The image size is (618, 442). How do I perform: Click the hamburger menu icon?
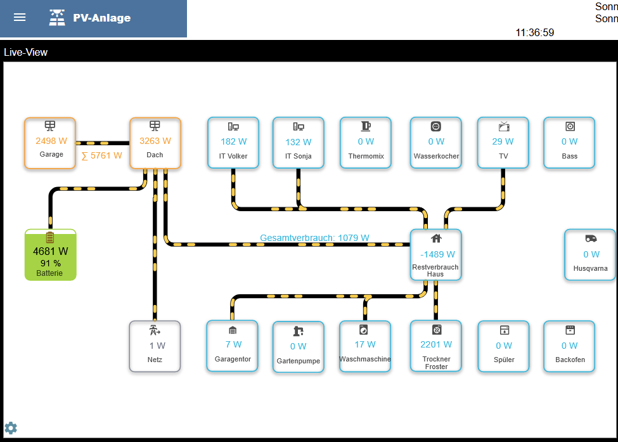pyautogui.click(x=20, y=17)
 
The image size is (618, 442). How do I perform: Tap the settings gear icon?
pyautogui.click(x=11, y=428)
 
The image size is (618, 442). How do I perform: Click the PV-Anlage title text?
pyautogui.click(x=101, y=18)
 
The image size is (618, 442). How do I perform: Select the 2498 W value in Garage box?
pyautogui.click(x=51, y=141)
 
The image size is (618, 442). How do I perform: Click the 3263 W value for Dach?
pyautogui.click(x=155, y=141)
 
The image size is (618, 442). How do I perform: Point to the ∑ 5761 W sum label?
pyautogui.click(x=101, y=156)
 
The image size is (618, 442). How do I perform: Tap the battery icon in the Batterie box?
pyautogui.click(x=49, y=237)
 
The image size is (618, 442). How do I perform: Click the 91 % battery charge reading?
pyautogui.click(x=51, y=263)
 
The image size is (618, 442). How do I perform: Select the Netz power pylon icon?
pyautogui.click(x=155, y=330)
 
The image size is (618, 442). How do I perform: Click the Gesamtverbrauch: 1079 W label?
pyautogui.click(x=314, y=238)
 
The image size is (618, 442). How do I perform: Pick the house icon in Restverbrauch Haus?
pyautogui.click(x=436, y=238)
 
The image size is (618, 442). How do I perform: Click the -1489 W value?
pyautogui.click(x=437, y=254)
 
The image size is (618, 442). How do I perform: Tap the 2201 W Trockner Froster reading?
pyautogui.click(x=436, y=344)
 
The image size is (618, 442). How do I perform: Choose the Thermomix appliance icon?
pyautogui.click(x=366, y=126)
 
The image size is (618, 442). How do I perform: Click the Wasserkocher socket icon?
pyautogui.click(x=435, y=126)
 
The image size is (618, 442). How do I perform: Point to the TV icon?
pyautogui.click(x=504, y=126)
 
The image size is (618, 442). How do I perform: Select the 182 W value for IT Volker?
pyautogui.click(x=234, y=141)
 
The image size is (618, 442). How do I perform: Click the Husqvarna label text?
pyautogui.click(x=590, y=268)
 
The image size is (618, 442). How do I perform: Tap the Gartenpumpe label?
pyautogui.click(x=299, y=361)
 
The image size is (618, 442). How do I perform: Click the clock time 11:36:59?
pyautogui.click(x=535, y=32)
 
